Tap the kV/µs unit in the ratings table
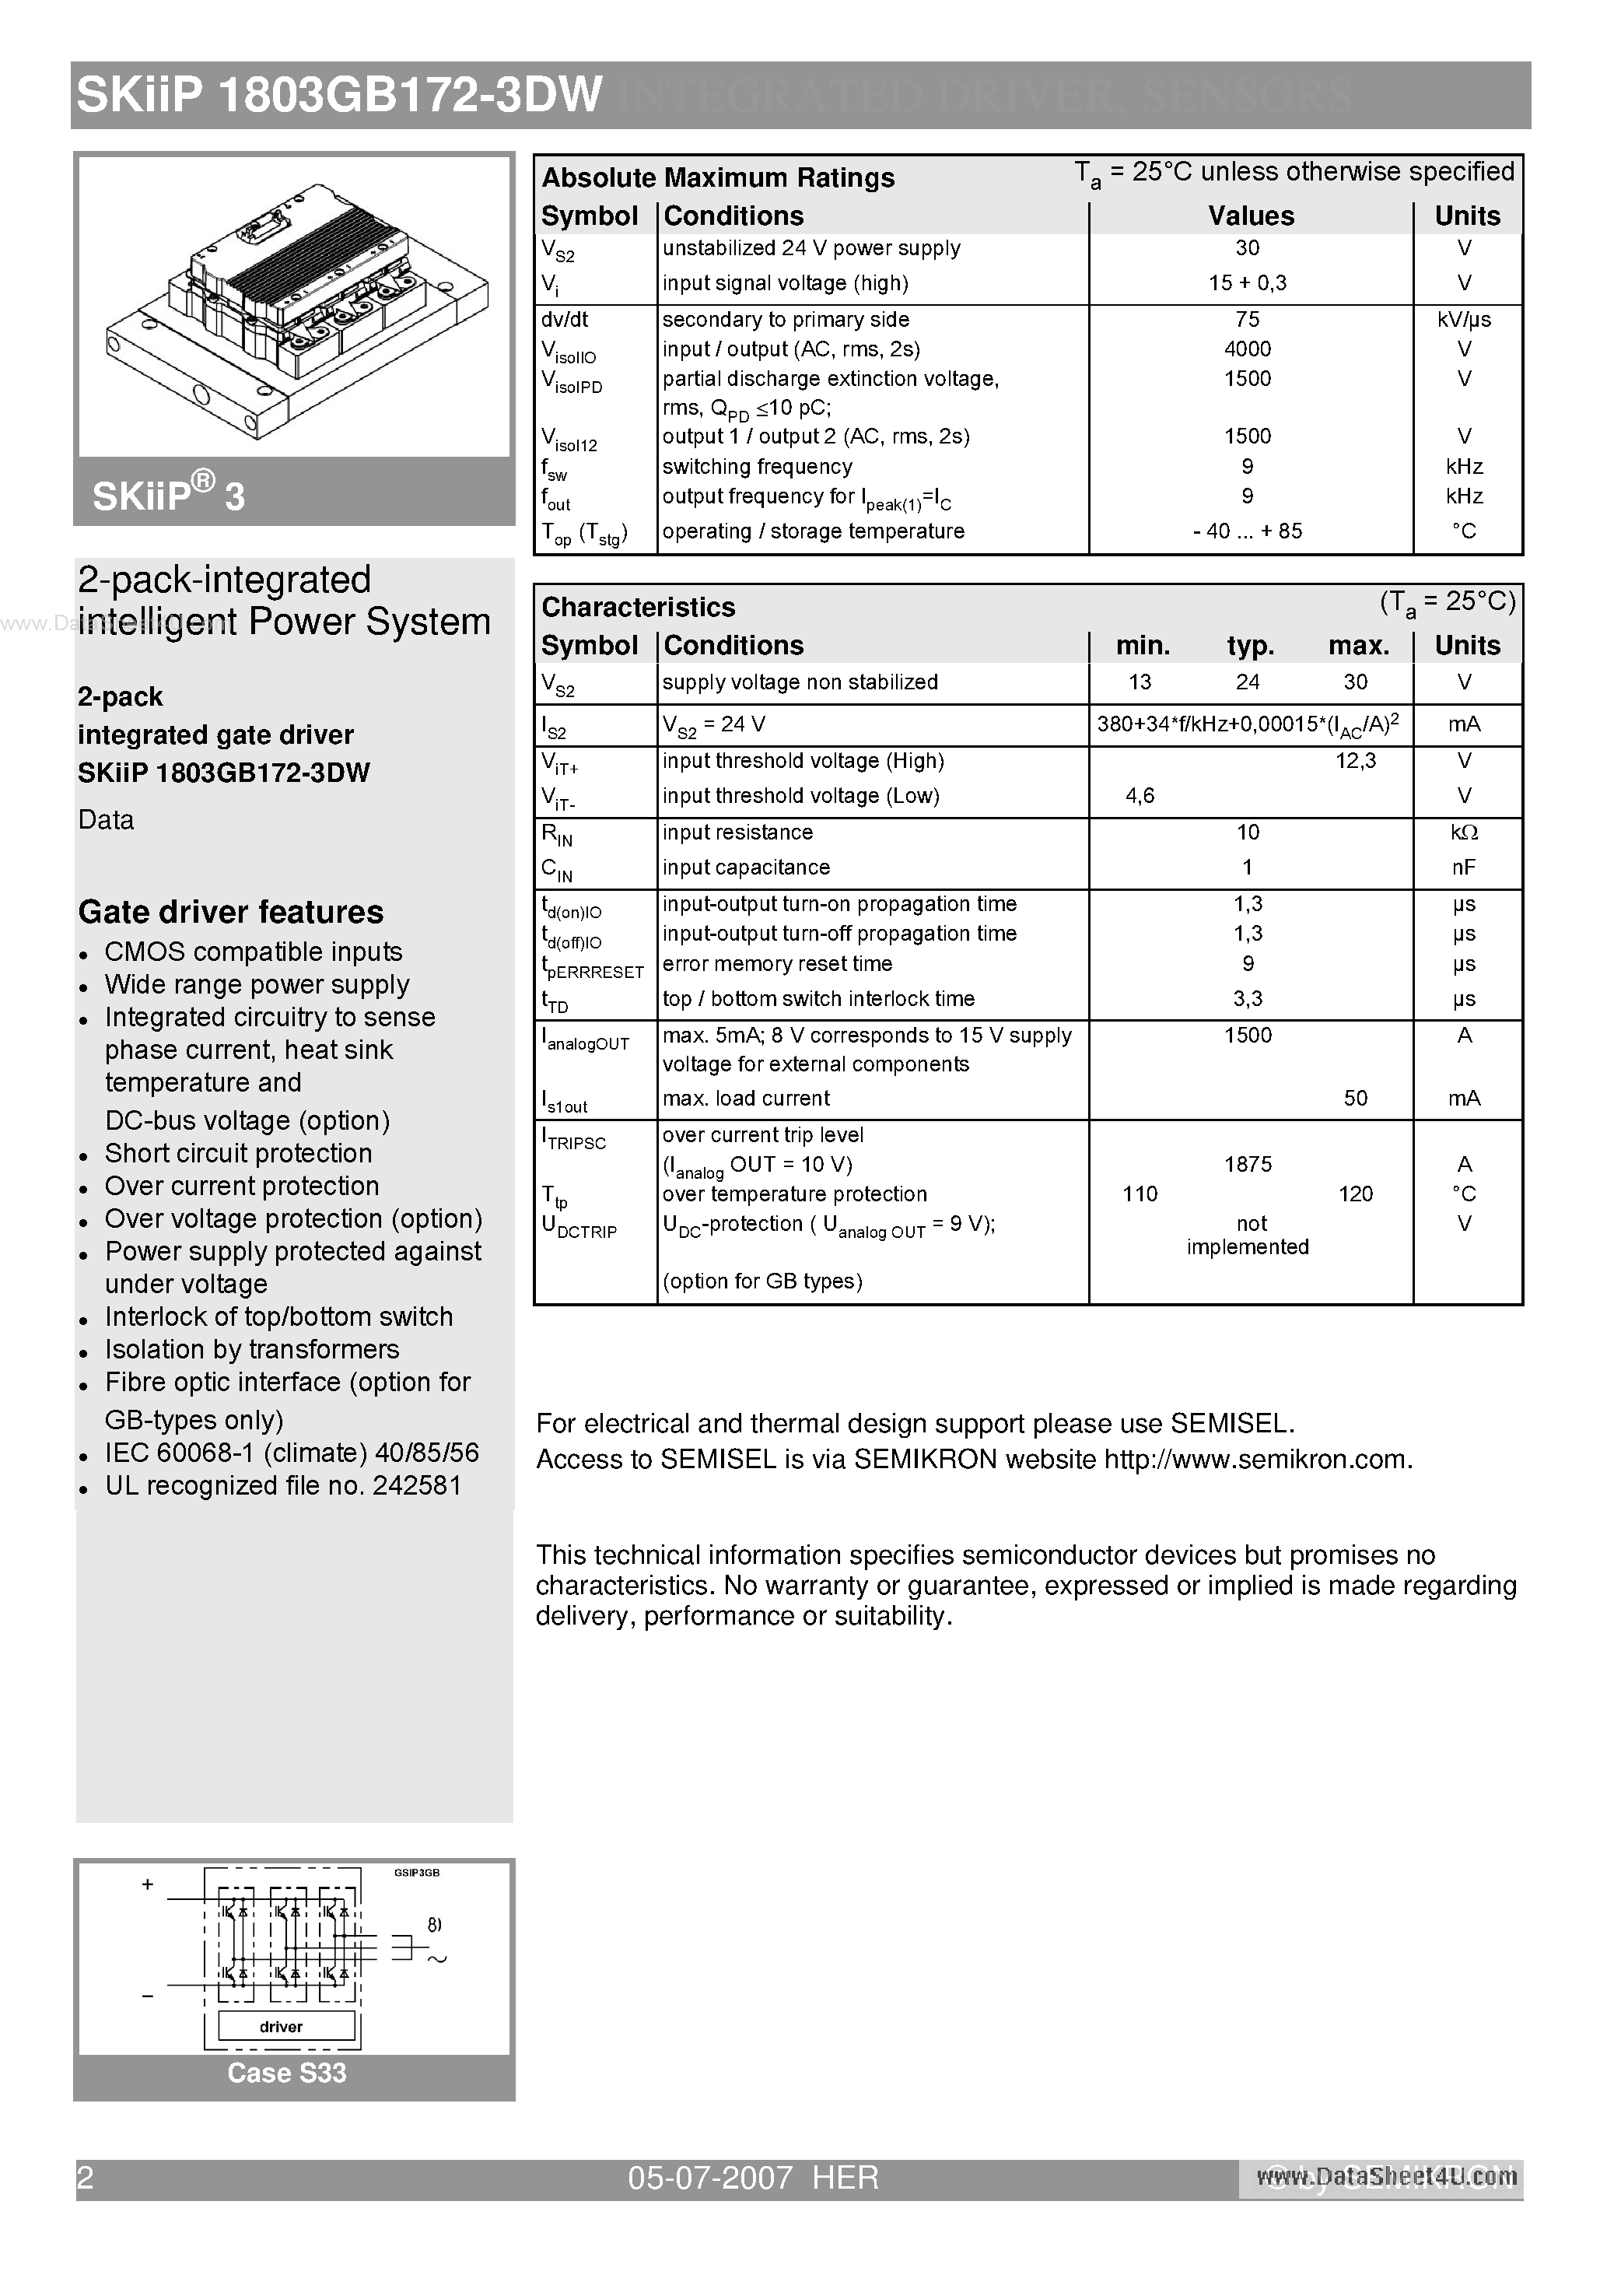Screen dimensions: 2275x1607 pos(1463,319)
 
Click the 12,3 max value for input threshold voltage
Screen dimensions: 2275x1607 pos(1354,761)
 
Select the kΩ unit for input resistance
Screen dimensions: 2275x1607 pos(1463,833)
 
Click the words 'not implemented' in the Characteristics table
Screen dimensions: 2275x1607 pos(1248,1236)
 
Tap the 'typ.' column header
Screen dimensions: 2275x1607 pos(1249,646)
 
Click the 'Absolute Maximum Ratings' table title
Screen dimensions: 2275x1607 pos(717,178)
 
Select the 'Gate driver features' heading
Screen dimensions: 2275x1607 pos(231,912)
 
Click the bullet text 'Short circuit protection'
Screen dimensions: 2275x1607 pos(239,1153)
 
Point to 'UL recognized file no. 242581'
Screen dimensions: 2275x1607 pos(283,1485)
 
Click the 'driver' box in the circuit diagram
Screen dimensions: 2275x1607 pos(282,2026)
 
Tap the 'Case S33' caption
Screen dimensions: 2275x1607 pos(286,2073)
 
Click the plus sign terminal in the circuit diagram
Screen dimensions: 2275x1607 pos(148,1884)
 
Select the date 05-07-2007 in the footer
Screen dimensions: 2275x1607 pos(709,2178)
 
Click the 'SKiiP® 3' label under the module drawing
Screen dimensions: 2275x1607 pos(169,494)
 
